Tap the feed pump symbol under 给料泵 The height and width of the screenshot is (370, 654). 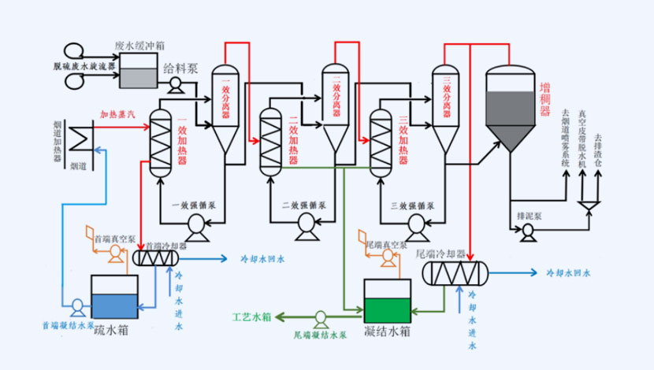[x=175, y=84]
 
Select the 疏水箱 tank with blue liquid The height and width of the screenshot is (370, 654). [x=115, y=297]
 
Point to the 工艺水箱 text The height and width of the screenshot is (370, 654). [x=251, y=317]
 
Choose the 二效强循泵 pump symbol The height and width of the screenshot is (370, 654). [x=304, y=226]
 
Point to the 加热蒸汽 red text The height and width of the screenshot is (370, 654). [x=117, y=114]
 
